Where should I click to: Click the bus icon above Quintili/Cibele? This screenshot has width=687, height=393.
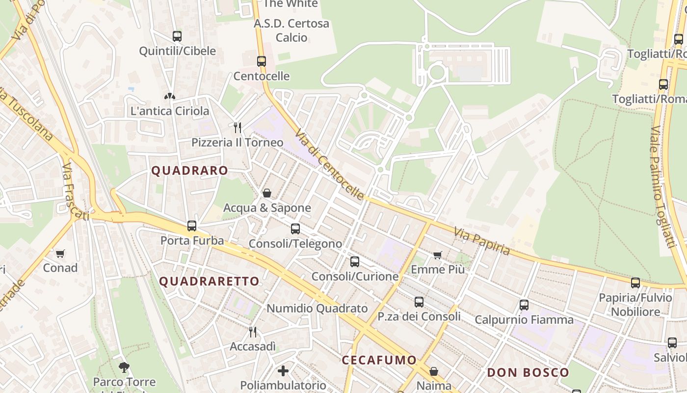point(177,36)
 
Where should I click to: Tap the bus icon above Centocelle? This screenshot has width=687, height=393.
point(262,61)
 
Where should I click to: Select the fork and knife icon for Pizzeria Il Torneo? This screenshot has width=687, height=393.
point(238,128)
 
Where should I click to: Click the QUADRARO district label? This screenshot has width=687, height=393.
point(189,171)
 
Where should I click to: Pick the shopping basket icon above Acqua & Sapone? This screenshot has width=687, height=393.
point(267,193)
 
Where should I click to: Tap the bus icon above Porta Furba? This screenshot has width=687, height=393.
point(192,226)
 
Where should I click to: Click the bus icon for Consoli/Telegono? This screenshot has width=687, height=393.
point(295,229)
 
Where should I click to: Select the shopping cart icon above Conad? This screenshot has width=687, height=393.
point(60,253)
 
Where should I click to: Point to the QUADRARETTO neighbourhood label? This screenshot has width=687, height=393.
point(210,281)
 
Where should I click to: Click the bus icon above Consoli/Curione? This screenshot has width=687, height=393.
point(355,262)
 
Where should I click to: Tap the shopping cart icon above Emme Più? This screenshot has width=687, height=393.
point(437,255)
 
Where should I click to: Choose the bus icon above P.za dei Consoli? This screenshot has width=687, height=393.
point(419,302)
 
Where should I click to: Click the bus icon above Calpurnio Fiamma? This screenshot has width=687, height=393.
point(524,305)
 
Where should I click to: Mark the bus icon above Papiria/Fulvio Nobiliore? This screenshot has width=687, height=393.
point(635,283)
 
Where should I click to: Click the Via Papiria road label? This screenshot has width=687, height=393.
point(482,241)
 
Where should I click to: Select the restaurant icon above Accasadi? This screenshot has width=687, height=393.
point(253,332)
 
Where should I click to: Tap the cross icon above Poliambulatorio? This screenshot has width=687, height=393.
point(283,370)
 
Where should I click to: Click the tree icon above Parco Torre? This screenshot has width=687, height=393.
point(124,367)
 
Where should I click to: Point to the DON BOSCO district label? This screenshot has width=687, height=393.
point(528,372)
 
